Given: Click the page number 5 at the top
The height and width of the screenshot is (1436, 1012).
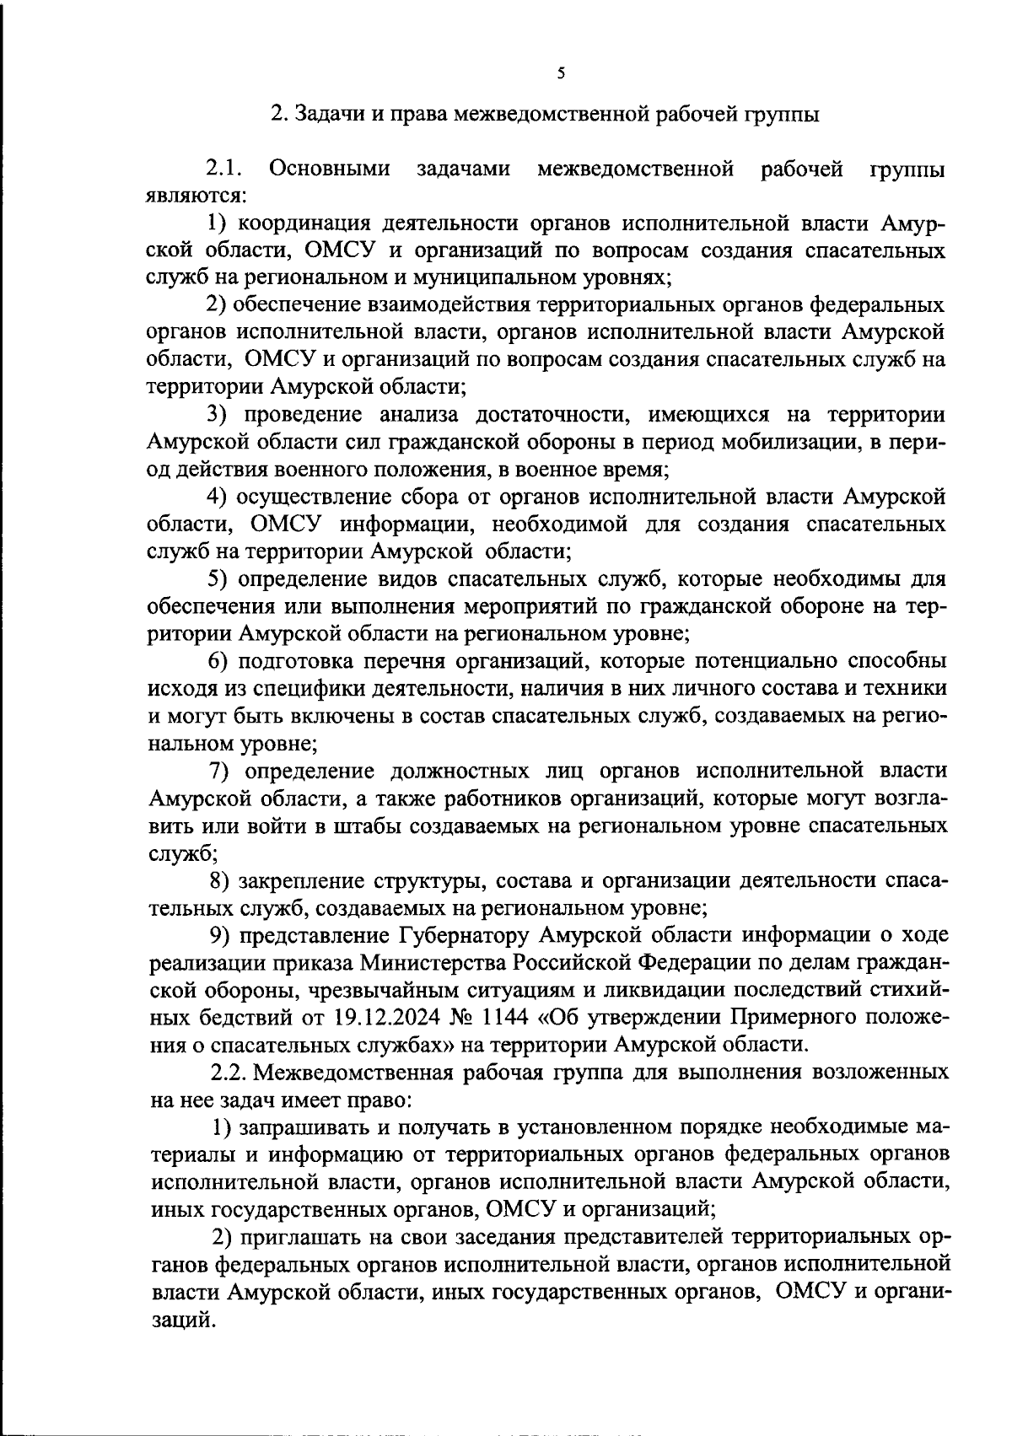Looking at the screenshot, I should click(x=561, y=73).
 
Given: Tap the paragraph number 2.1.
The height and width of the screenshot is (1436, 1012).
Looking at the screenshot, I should click(x=223, y=169).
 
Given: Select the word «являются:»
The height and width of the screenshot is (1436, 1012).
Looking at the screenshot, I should click(x=196, y=196).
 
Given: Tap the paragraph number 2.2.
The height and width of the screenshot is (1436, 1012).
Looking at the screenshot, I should click(x=228, y=1073).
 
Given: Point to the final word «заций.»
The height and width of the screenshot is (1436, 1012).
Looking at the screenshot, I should click(x=180, y=1320).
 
